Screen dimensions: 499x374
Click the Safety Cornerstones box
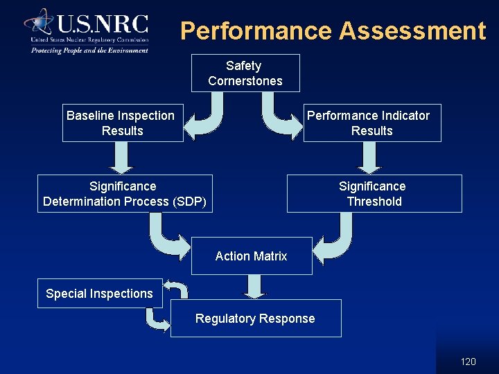(245, 73)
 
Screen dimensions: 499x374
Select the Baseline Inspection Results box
(123, 123)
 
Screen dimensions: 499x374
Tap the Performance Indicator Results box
(371, 123)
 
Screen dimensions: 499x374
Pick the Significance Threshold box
(374, 194)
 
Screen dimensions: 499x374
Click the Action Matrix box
(251, 256)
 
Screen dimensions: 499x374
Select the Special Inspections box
(99, 294)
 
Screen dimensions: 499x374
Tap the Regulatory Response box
(255, 319)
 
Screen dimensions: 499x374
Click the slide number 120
(469, 362)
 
